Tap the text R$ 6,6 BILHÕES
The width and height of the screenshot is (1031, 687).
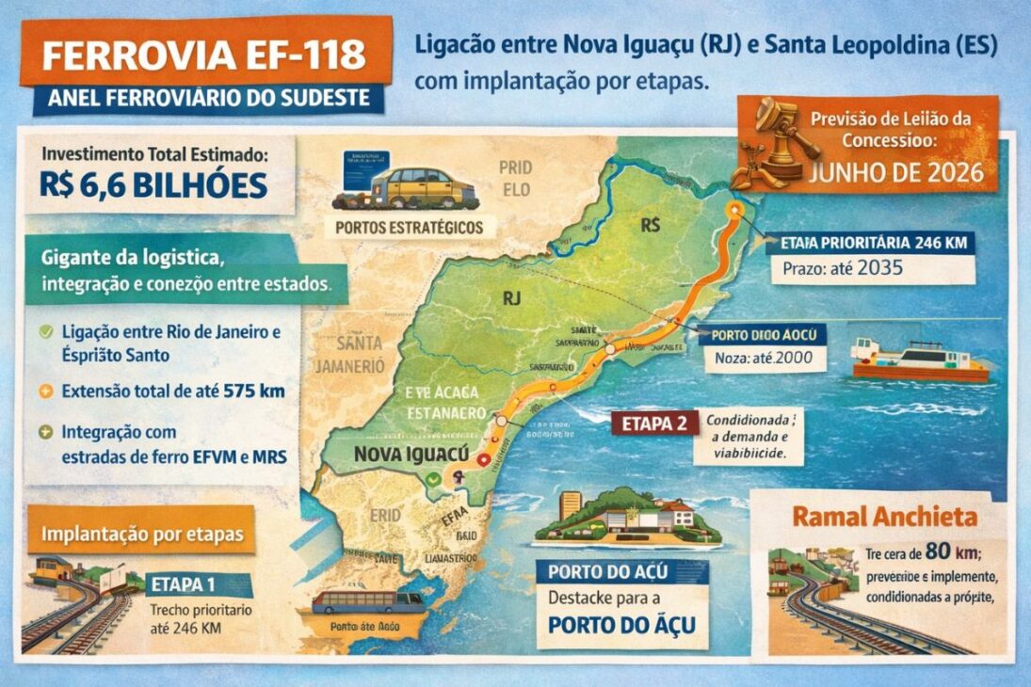[153, 184]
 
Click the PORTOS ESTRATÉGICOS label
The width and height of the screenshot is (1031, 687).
[409, 227]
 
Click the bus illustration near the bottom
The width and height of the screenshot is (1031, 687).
[368, 601]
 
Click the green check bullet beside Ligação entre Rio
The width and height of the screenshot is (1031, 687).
[46, 332]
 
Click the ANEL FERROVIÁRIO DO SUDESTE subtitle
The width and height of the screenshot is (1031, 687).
[209, 98]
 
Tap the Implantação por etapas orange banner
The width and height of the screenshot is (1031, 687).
[141, 534]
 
